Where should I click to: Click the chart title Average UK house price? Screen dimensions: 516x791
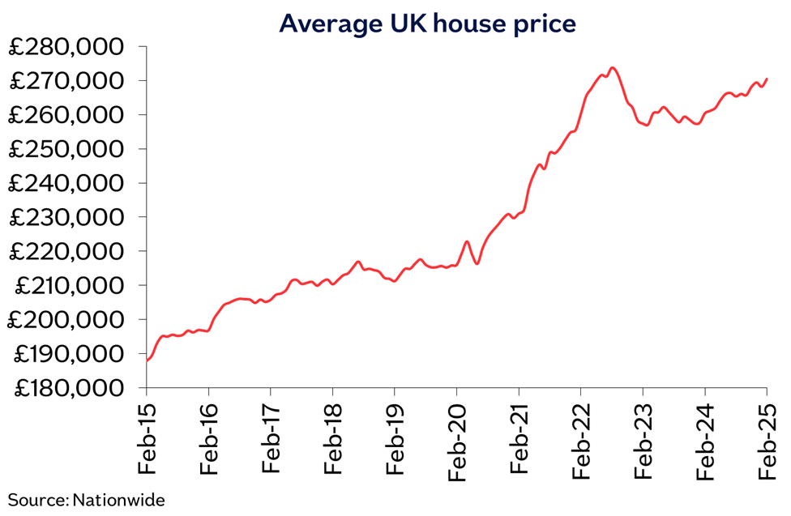pyautogui.click(x=427, y=23)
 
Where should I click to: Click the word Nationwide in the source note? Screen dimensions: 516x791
pyautogui.click(x=118, y=500)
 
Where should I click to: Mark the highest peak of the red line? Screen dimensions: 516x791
pyautogui.click(x=613, y=68)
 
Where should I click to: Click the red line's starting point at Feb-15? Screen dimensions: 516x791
pyautogui.click(x=148, y=360)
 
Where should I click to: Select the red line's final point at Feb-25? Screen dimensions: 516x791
pyautogui.click(x=767, y=79)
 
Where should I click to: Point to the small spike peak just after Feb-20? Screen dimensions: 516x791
pyautogui.click(x=467, y=241)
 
